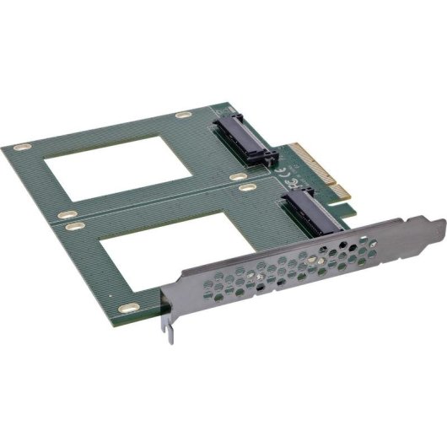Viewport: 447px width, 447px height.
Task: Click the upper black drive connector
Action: pyautogui.click(x=245, y=137)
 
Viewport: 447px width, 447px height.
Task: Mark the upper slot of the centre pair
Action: pyautogui.click(x=233, y=179)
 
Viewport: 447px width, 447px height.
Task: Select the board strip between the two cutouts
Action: pyautogui.click(x=143, y=202)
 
